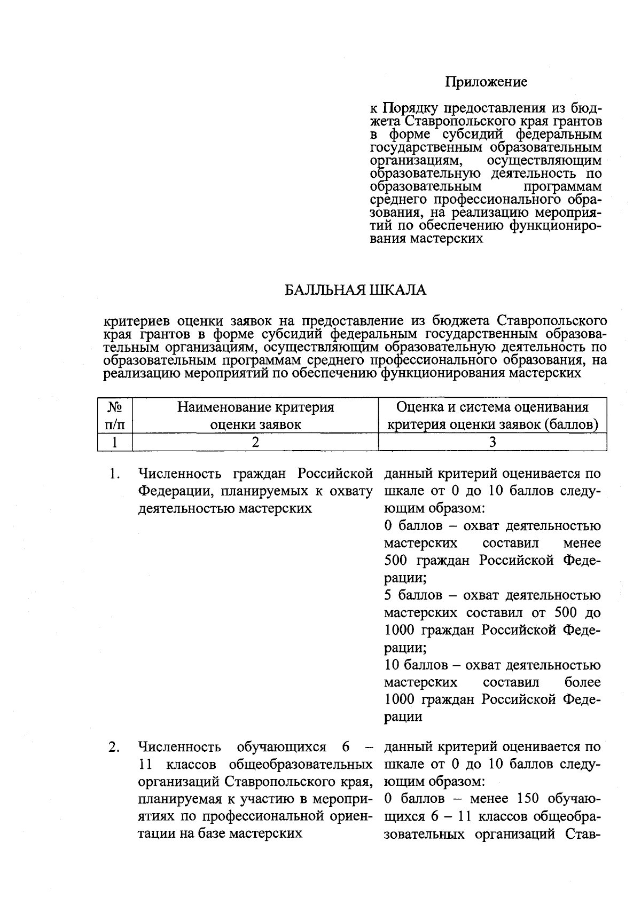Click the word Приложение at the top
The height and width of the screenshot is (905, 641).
click(486, 82)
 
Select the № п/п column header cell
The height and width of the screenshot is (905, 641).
click(115, 416)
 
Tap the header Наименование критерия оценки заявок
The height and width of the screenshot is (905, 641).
click(255, 416)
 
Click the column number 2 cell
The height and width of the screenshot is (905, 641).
click(255, 442)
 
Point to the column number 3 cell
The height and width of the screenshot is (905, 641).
click(492, 442)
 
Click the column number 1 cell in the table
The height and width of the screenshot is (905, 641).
click(115, 442)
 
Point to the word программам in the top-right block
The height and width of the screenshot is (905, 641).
click(562, 186)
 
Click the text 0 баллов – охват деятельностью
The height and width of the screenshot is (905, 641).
click(492, 526)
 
